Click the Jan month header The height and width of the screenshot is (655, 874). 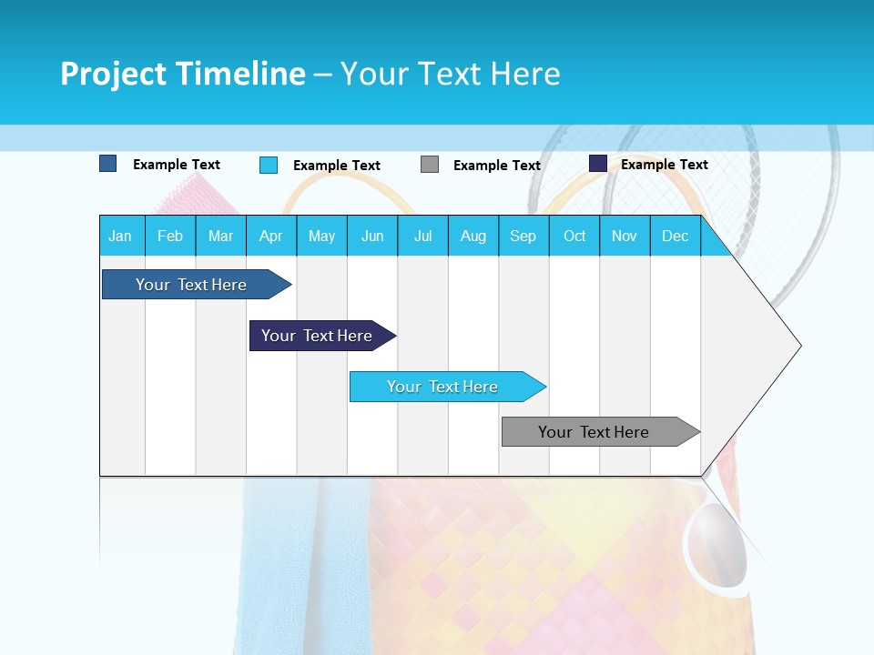[121, 236]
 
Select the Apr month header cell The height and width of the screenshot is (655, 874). [271, 236]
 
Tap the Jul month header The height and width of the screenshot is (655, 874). [423, 236]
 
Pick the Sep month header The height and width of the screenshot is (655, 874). [523, 236]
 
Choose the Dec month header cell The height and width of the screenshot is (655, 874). [675, 236]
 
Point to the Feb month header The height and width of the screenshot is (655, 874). [170, 236]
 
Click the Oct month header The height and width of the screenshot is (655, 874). [574, 236]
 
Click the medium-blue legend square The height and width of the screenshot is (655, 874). [108, 164]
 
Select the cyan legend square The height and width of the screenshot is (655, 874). [269, 165]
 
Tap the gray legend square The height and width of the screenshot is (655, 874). [430, 165]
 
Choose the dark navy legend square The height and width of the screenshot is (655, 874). [598, 164]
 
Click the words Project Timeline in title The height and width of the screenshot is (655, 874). [183, 74]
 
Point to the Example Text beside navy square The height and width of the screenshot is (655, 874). [664, 165]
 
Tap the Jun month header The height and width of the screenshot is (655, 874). [372, 236]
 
